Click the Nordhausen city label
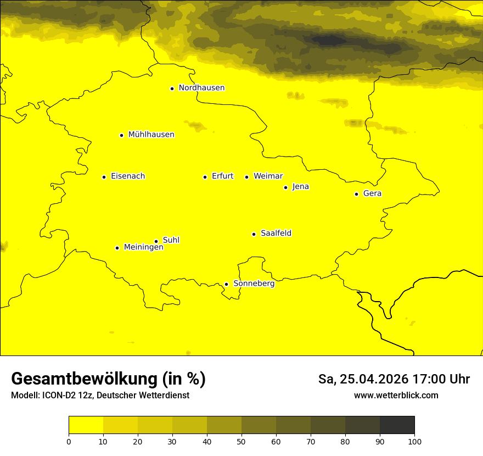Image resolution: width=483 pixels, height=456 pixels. (201, 88)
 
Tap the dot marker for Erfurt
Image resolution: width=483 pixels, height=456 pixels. (205, 177)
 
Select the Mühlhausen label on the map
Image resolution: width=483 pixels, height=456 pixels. (151, 135)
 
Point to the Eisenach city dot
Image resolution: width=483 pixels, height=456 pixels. (104, 177)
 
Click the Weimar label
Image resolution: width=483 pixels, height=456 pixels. (268, 176)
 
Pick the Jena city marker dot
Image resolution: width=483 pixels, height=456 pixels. (285, 187)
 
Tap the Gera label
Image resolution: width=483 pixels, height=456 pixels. (372, 193)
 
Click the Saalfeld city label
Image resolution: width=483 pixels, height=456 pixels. (276, 233)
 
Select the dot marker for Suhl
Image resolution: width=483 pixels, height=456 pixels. (156, 241)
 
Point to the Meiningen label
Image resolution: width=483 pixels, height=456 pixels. (143, 247)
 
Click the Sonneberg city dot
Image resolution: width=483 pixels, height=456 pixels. (226, 284)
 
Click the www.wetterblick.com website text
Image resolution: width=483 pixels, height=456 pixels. (396, 395)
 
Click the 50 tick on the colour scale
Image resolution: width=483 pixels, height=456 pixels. (241, 441)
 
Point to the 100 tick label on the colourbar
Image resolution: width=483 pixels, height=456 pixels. (414, 441)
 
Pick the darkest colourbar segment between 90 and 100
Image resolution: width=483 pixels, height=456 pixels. (397, 425)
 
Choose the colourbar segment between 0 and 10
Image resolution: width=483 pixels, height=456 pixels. (86, 425)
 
